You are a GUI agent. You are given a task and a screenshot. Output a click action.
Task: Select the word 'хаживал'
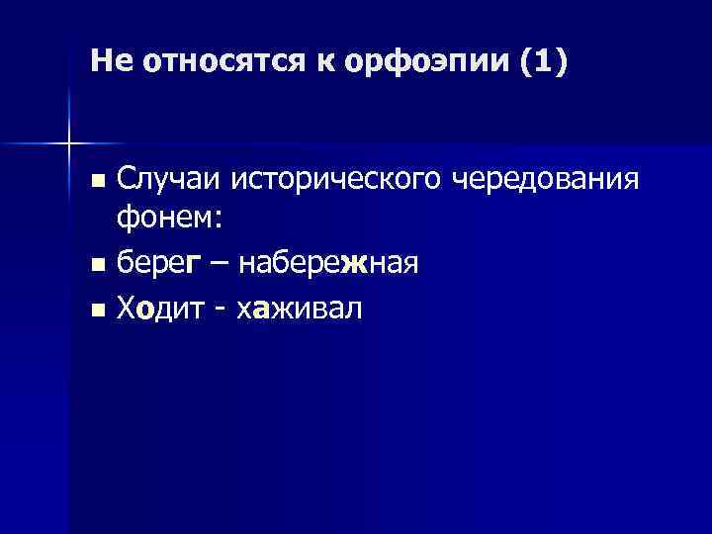[x=299, y=309]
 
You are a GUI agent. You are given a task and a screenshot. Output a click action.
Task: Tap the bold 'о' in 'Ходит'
[x=145, y=310]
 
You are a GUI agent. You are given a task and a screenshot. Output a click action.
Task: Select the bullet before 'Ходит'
[x=96, y=311]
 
